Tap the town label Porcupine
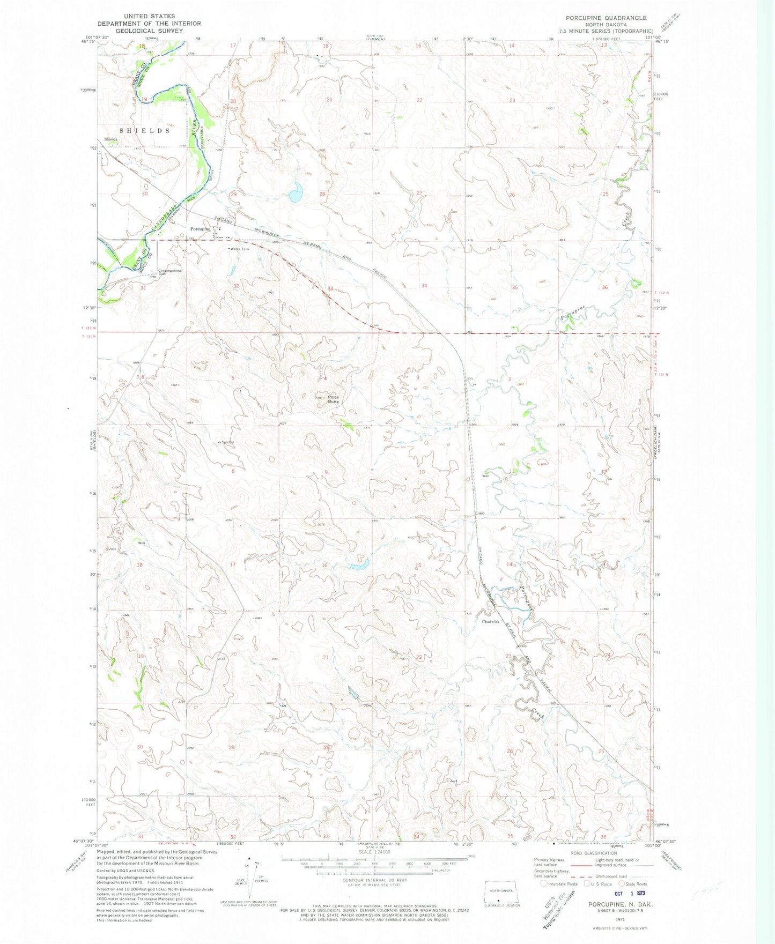(x=200, y=229)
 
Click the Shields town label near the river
(x=111, y=139)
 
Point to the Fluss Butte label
(x=333, y=399)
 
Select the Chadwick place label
(x=491, y=622)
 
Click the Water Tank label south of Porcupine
(x=240, y=249)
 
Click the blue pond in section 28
(x=294, y=194)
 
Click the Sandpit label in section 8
(x=226, y=442)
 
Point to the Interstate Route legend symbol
(x=544, y=884)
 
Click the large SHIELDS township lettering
(x=144, y=131)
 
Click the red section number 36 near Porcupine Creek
(x=605, y=287)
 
